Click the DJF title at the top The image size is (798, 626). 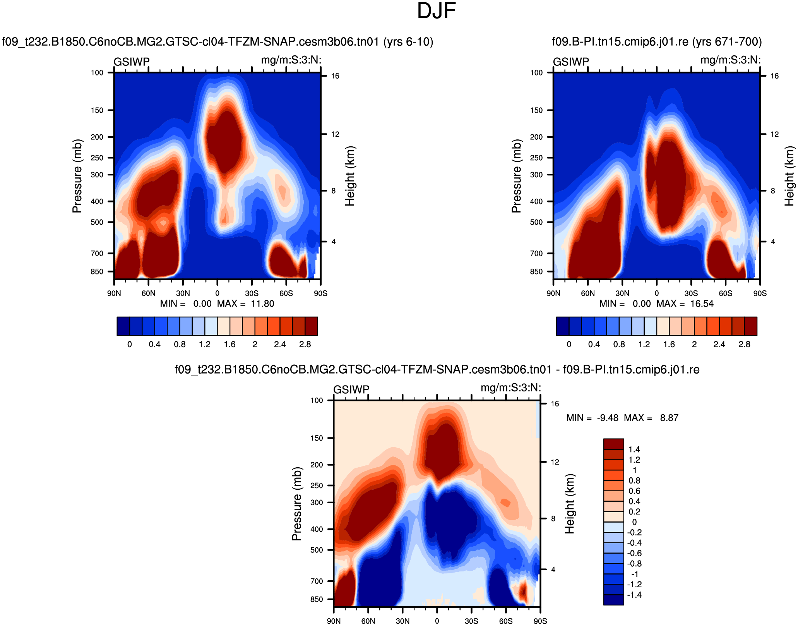[x=436, y=11]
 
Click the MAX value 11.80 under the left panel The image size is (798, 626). [x=262, y=304]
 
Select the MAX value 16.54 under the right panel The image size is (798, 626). [x=702, y=304]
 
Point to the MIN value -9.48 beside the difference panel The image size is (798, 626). [x=608, y=418]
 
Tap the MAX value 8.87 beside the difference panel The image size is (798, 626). [x=669, y=418]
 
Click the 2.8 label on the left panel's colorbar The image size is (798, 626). [x=305, y=345]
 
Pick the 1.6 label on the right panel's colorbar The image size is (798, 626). [x=669, y=345]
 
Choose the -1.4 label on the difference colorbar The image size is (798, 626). [x=634, y=595]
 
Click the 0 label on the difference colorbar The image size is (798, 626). [x=634, y=522]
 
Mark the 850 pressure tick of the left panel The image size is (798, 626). [x=97, y=272]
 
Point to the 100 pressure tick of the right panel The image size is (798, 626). [x=536, y=73]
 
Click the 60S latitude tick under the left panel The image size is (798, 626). [x=286, y=293]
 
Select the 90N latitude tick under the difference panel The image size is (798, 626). [x=334, y=621]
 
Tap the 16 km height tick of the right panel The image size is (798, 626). [x=774, y=76]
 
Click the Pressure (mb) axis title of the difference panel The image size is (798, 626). [x=296, y=504]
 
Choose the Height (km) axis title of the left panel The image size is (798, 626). [x=350, y=176]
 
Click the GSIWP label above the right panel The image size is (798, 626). [x=571, y=62]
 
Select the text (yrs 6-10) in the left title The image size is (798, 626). [x=408, y=42]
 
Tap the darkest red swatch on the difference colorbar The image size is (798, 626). [x=613, y=444]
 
